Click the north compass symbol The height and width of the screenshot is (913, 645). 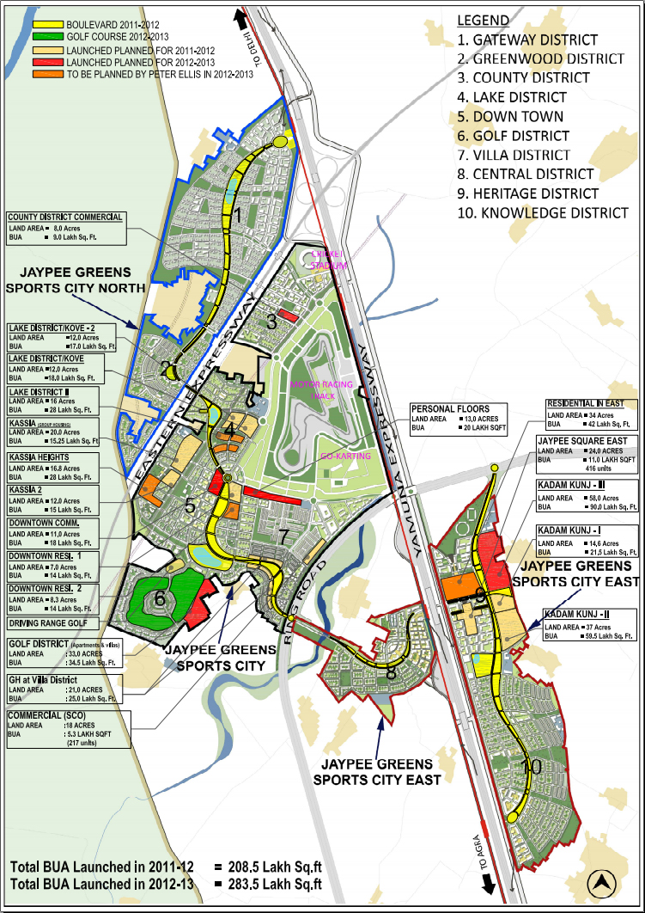[x=604, y=882]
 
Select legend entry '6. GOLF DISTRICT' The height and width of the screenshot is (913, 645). [x=513, y=136]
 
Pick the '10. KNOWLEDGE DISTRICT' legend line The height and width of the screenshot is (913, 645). [x=543, y=212]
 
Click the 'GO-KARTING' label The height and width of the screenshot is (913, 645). [x=344, y=456]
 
